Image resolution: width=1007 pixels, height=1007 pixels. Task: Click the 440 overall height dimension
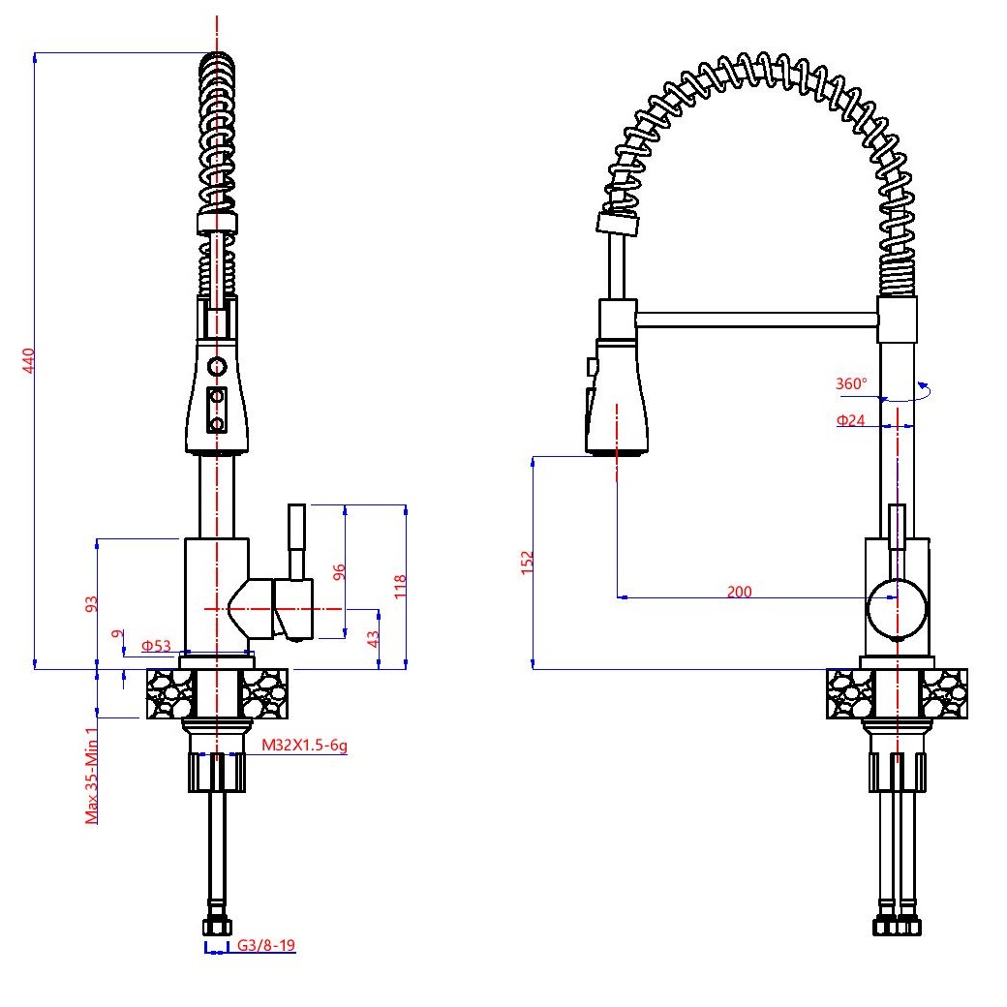28,360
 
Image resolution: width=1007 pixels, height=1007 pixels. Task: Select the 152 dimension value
528,562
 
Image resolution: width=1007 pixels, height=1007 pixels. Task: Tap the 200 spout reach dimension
739,591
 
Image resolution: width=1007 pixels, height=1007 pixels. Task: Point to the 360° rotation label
851,383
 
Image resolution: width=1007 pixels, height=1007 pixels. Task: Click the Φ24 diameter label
850,420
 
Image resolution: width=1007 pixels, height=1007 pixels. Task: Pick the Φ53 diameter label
156,646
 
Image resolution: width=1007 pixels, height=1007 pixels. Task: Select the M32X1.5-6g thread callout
304,745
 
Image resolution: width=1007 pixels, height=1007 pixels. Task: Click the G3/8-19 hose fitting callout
266,945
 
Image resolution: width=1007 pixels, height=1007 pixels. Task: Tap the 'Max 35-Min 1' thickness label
92,776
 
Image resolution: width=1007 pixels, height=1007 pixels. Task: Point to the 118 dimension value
400,587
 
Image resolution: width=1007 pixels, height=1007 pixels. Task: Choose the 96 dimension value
339,571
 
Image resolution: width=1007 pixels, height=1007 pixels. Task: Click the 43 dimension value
373,638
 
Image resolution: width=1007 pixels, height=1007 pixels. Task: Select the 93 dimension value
92,603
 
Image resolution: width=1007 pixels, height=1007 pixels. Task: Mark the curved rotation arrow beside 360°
907,392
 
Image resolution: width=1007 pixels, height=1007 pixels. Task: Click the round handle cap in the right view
898,609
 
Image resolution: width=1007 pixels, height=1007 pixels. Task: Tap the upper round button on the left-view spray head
217,367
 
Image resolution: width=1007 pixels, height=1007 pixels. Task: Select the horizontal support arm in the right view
756,320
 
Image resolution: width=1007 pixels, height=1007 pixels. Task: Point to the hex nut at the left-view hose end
217,927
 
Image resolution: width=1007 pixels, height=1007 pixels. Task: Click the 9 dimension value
116,634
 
